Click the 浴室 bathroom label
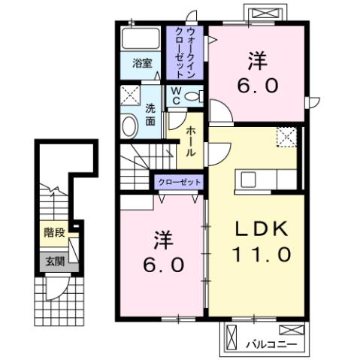143,64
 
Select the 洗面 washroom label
150,113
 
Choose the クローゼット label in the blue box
179,183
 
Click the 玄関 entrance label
54,262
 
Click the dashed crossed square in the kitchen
286,136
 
